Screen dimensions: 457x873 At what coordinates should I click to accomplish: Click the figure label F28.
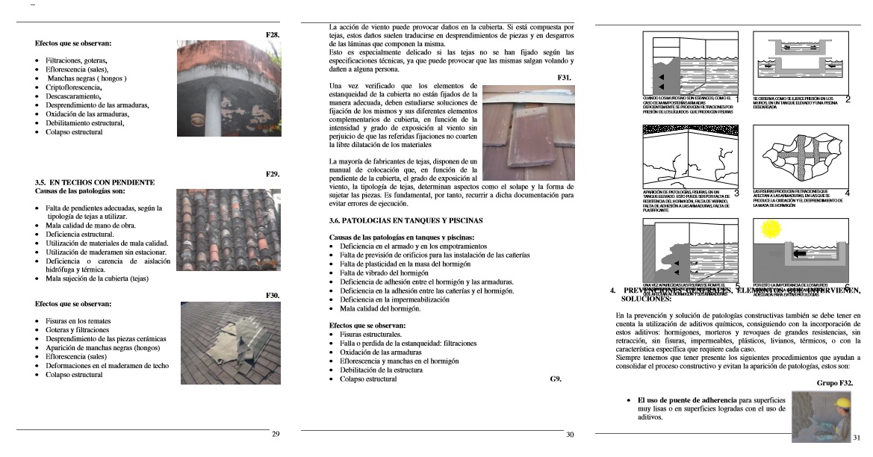[x=273, y=35]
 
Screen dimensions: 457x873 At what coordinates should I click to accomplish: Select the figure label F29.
[x=273, y=174]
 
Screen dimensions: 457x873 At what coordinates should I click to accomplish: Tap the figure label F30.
[x=273, y=296]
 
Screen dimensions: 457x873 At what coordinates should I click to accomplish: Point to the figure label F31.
[x=565, y=78]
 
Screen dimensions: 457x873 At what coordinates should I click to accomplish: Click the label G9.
[x=555, y=379]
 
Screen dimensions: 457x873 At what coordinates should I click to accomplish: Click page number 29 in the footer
[x=275, y=434]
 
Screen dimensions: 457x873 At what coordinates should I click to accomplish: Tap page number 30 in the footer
[x=570, y=434]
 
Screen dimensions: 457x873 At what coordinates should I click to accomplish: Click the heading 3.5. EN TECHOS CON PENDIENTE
[x=95, y=182]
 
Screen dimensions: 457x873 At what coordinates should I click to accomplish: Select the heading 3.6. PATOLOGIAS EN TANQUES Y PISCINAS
[x=406, y=221]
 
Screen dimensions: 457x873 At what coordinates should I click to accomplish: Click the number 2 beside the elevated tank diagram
[x=848, y=99]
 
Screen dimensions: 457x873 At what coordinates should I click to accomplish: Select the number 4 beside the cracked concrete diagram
[x=848, y=193]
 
